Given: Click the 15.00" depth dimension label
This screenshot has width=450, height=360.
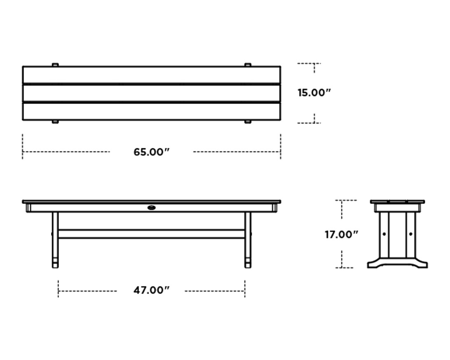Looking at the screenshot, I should [314, 93].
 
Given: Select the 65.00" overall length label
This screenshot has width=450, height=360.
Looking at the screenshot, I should [151, 152].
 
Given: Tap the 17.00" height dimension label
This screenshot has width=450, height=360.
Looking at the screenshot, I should [341, 235].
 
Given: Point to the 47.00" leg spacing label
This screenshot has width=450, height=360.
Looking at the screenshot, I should [151, 290].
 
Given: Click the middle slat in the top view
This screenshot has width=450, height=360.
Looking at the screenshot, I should [151, 93].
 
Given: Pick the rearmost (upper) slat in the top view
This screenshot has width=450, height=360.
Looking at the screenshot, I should [151, 75].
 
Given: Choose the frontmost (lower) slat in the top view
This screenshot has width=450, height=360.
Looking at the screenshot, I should [151, 111].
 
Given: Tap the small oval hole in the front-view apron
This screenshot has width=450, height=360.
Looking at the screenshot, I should [152, 208].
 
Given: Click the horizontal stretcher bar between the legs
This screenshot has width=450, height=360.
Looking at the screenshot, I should [151, 234].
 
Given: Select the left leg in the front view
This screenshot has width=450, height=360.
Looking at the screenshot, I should [55, 239].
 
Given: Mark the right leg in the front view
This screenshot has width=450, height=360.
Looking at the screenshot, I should [248, 239].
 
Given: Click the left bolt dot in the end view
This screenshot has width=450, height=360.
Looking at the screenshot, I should [384, 234].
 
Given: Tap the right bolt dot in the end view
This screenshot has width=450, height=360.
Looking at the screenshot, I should [410, 234].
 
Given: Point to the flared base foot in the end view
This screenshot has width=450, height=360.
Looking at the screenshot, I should [397, 264].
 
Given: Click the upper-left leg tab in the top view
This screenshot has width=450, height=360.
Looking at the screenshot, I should [55, 65].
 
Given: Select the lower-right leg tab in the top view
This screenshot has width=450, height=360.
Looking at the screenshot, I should [248, 122].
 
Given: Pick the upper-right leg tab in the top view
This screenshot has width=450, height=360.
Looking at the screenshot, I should [248, 65].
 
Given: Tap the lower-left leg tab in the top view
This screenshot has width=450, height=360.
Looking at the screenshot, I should [55, 122].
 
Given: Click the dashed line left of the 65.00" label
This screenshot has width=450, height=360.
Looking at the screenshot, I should [66, 152].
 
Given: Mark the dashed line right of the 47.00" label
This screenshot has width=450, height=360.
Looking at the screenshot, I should [214, 291].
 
